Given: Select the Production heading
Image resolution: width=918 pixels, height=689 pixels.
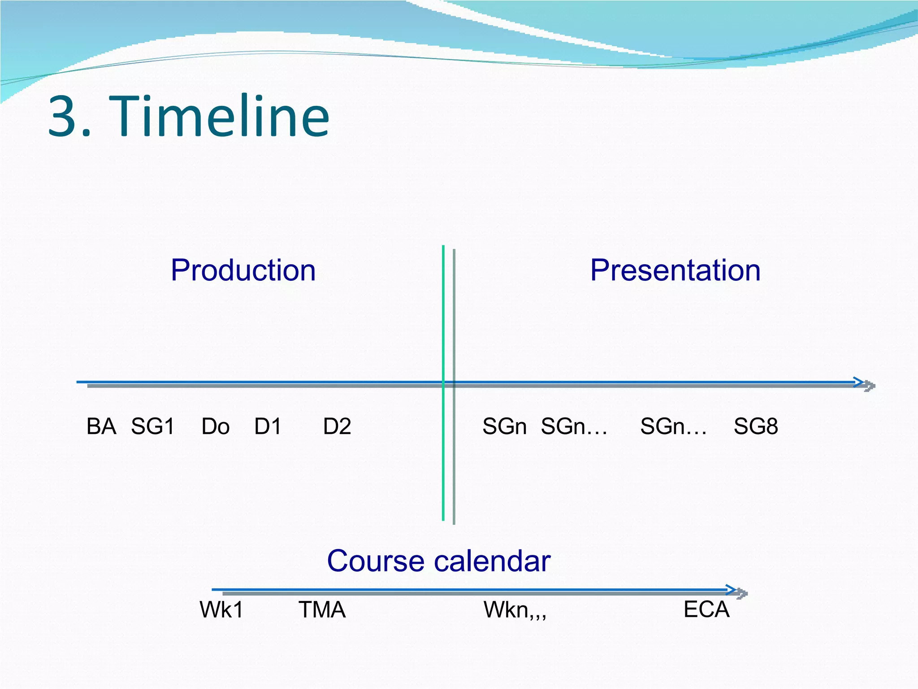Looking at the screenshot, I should [243, 270].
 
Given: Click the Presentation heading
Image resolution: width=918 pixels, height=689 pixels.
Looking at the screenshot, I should [675, 270].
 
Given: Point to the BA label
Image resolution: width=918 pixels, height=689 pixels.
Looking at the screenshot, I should [101, 426].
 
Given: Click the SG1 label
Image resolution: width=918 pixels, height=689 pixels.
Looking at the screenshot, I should [152, 426].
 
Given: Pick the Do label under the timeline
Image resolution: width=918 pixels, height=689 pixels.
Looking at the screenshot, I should [215, 426].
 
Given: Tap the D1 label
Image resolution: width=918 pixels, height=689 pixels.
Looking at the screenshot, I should [268, 426].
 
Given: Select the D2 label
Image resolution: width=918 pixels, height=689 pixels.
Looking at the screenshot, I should [337, 426].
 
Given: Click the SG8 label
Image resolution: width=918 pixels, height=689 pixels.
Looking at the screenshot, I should [756, 426].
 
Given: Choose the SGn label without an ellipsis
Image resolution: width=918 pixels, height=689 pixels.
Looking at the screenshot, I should [504, 426].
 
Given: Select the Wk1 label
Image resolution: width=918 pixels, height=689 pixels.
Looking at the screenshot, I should [221, 610].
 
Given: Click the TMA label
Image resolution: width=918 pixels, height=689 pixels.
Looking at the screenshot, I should [322, 610].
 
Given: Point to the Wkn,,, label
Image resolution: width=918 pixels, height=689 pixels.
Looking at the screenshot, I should [515, 610].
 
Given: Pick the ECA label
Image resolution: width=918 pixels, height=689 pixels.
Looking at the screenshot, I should [706, 609].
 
